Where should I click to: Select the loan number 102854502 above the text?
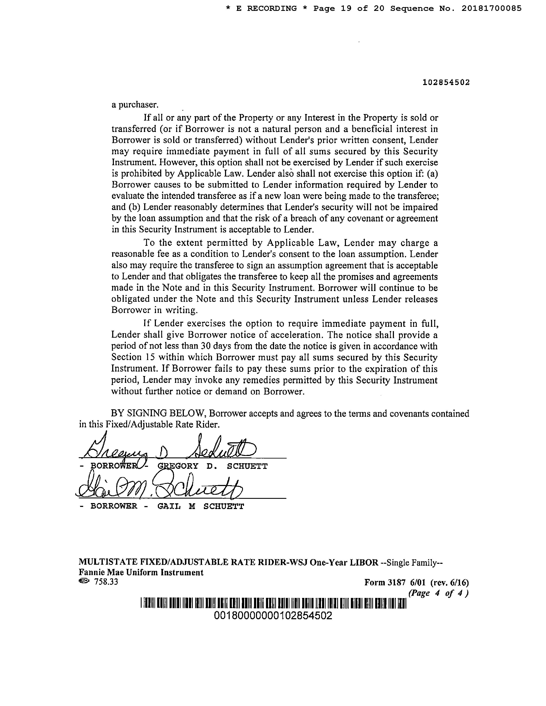[x=446, y=82]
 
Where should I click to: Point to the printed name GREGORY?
[x=178, y=466]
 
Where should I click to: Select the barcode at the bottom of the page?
[x=273, y=603]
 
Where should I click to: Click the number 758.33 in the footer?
[x=106, y=582]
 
